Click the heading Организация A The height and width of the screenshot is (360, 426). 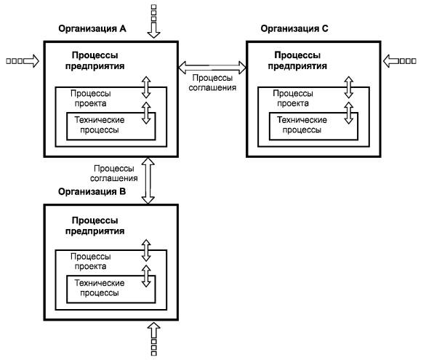[x=92, y=28]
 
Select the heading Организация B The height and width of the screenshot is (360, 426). [x=92, y=191]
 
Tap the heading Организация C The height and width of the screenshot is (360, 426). [x=294, y=28]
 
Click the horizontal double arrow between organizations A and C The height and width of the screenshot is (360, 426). [x=212, y=68]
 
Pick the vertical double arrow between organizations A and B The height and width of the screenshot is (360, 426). [x=148, y=180]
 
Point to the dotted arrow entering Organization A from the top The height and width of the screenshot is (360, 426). [x=154, y=21]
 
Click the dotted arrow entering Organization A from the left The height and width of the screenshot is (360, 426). [x=23, y=61]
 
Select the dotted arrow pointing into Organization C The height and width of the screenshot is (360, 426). [x=400, y=61]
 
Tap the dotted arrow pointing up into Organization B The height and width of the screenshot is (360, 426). [x=154, y=338]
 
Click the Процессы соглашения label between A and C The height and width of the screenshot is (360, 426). [x=212, y=83]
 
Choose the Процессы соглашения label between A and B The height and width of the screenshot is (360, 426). [x=114, y=173]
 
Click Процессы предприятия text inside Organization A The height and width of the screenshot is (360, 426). [x=95, y=60]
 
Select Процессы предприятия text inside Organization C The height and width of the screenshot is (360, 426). [x=297, y=60]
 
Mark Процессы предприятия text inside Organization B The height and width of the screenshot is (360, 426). [x=95, y=225]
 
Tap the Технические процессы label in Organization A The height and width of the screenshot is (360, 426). [x=100, y=124]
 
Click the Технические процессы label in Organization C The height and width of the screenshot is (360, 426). [x=302, y=124]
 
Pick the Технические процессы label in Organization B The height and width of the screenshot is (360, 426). [x=100, y=288]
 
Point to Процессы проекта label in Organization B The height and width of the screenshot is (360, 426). [x=90, y=261]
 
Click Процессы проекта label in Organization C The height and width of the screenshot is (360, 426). [x=293, y=98]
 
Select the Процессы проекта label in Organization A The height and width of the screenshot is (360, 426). [x=90, y=98]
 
